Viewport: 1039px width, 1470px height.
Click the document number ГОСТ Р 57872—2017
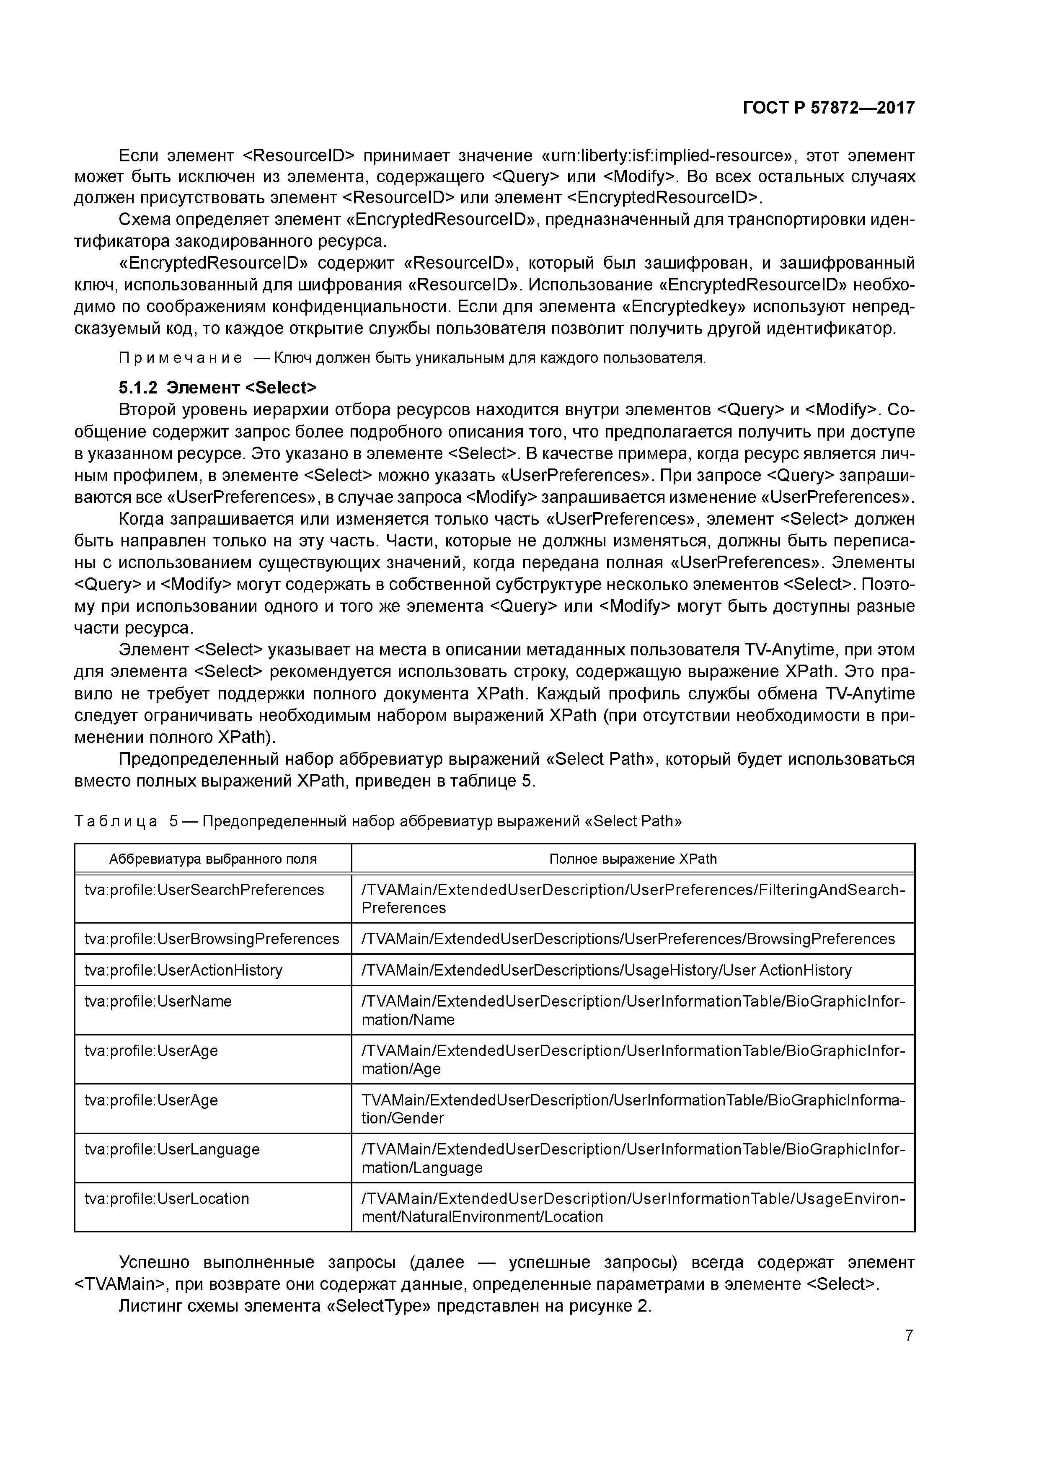(x=828, y=108)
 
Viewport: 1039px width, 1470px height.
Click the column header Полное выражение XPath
(x=633, y=859)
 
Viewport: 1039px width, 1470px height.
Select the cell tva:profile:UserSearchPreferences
(x=204, y=890)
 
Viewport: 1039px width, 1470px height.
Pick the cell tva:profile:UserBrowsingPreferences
(x=211, y=939)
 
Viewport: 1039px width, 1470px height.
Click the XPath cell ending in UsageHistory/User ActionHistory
(x=606, y=970)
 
